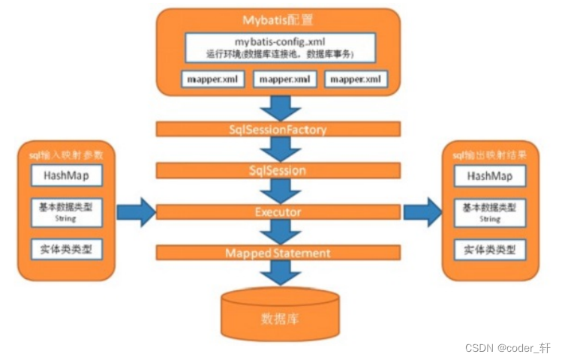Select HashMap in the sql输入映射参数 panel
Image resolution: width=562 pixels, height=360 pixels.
66,175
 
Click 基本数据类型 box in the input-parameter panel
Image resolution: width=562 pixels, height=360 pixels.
66,212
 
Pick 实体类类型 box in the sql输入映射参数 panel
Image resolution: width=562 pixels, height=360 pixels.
66,249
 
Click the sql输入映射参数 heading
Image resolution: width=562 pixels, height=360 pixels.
66,154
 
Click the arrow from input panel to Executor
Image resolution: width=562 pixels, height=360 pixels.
135,213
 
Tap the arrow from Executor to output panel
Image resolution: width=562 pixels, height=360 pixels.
423,213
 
